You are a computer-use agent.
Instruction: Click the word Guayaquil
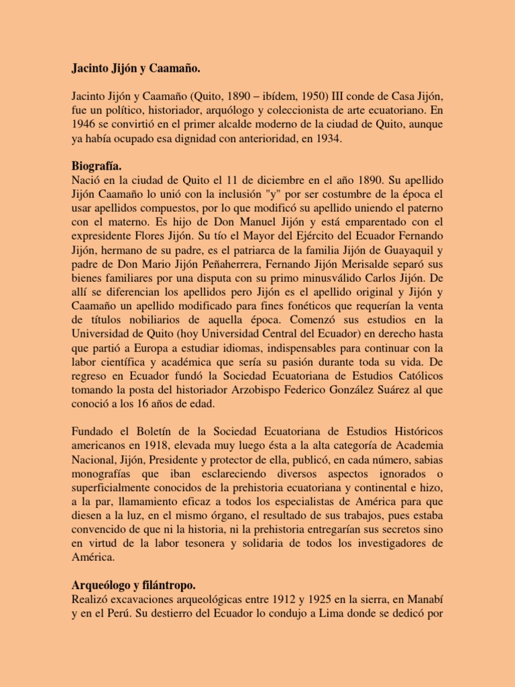pyautogui.click(x=402, y=250)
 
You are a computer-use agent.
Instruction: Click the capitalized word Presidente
pyautogui.click(x=186, y=460)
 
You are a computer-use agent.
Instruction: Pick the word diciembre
pyautogui.click(x=280, y=180)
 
